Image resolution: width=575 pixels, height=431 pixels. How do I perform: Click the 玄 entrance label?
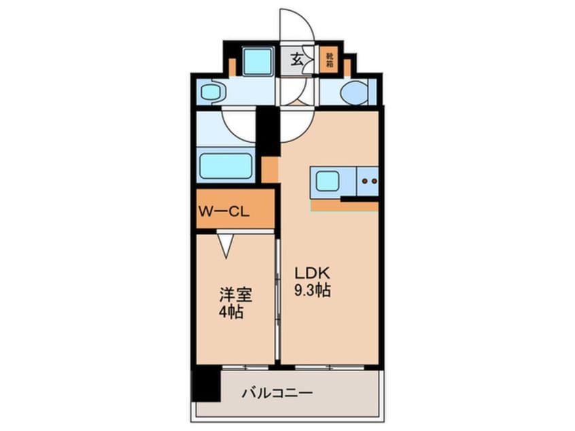(297, 59)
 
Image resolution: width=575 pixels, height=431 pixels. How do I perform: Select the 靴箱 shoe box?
(330, 59)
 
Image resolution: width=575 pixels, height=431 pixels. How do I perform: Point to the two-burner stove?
(368, 181)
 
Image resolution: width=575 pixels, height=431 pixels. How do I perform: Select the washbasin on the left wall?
(210, 92)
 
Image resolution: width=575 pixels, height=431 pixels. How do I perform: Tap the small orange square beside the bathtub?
(269, 169)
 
